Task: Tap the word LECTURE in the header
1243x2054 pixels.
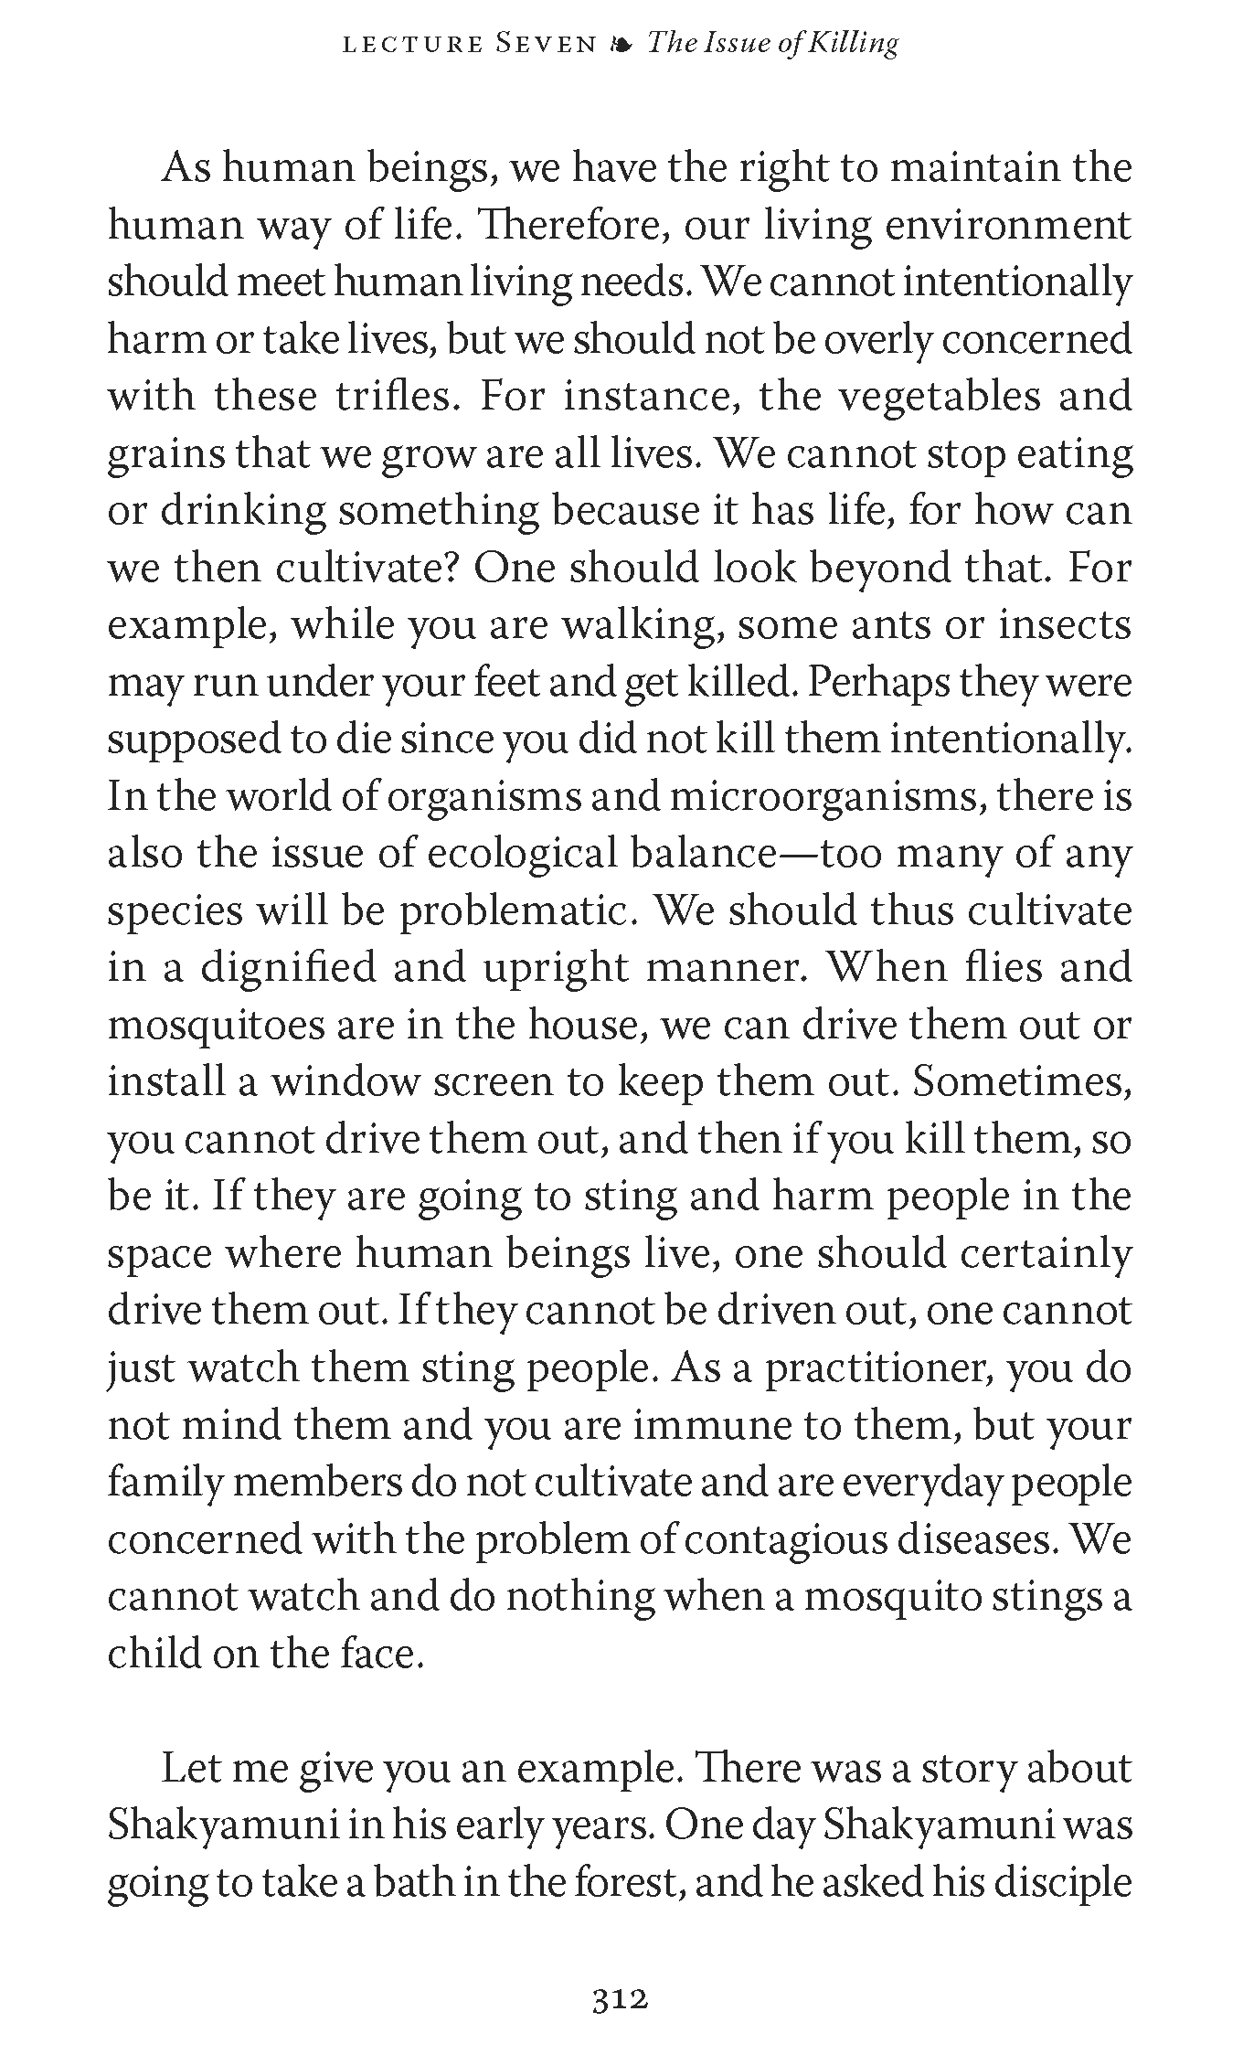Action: coord(410,44)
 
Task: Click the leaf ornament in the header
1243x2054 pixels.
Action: coord(621,44)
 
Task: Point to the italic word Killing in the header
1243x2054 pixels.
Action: coord(855,44)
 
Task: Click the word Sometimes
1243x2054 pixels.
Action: coord(1023,1082)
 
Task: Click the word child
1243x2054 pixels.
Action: coord(152,1654)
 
